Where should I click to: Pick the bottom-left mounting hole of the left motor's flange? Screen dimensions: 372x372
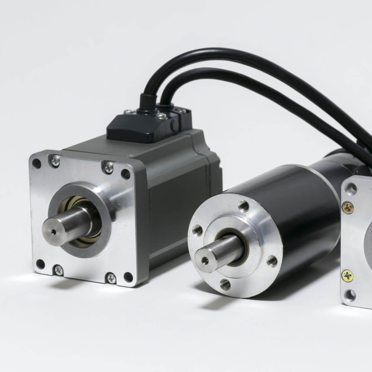click(39, 264)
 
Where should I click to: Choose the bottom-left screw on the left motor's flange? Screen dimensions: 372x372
click(57, 270)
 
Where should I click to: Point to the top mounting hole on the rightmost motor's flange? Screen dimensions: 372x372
click(352, 187)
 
